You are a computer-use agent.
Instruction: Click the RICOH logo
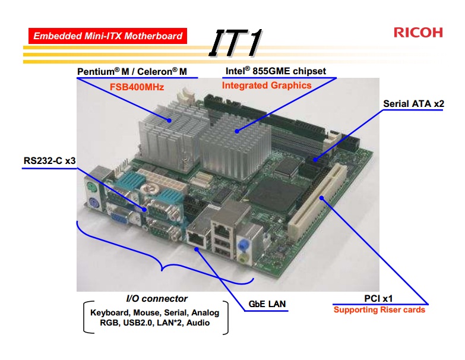point(418,32)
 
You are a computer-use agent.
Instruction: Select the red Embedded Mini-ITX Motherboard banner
point(107,36)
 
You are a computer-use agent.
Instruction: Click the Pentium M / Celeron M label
point(132,72)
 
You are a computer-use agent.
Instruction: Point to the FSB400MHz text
point(136,87)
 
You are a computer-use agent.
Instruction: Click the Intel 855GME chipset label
point(275,71)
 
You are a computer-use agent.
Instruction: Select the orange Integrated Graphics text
point(267,86)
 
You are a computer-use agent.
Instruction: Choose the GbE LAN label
point(267,304)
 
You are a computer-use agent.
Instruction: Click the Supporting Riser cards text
point(379,310)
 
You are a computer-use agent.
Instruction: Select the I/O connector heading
point(157,299)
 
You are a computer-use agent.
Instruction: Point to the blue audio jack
point(242,244)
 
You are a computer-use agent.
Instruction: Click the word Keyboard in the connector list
point(107,312)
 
